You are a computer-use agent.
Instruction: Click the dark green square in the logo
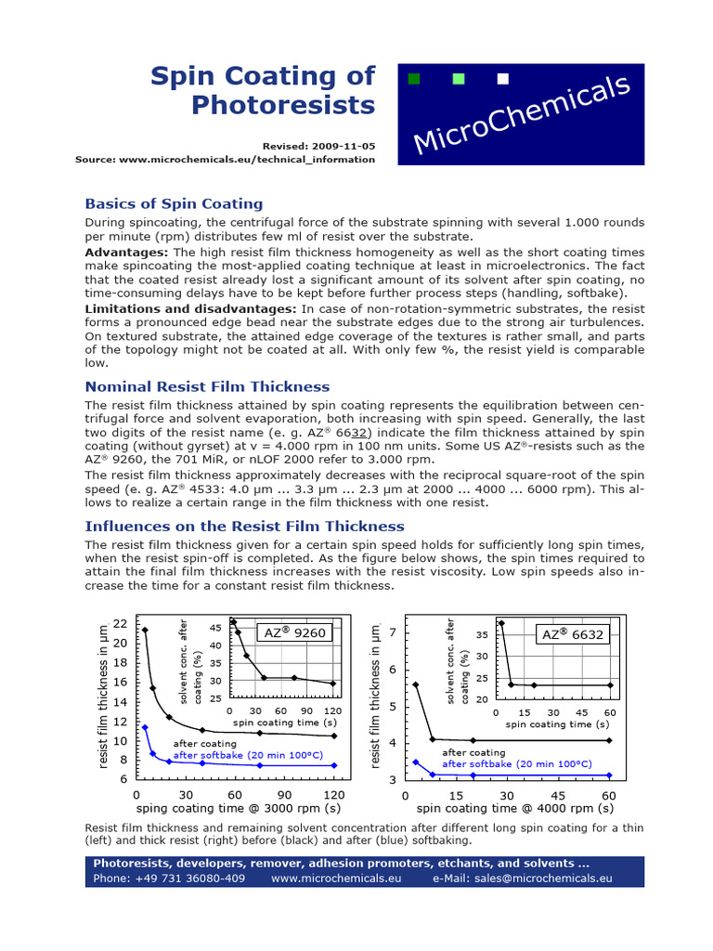point(414,79)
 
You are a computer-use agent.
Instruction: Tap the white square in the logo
point(503,79)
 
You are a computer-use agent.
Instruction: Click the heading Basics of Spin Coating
point(174,203)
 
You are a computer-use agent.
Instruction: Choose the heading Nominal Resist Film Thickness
point(207,386)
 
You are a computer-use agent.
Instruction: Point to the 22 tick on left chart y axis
point(120,623)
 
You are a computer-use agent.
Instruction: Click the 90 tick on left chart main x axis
point(284,795)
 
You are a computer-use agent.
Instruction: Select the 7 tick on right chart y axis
point(392,632)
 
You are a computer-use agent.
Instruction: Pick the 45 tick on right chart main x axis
point(558,795)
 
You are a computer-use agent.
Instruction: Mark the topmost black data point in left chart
point(145,631)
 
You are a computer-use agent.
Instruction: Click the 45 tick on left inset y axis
point(215,628)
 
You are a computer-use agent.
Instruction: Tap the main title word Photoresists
point(283,105)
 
